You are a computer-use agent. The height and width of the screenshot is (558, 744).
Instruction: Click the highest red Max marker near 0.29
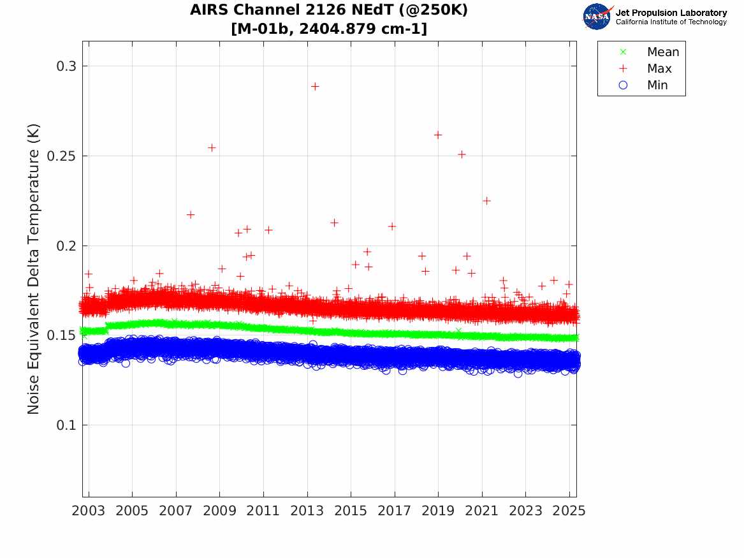pyautogui.click(x=314, y=86)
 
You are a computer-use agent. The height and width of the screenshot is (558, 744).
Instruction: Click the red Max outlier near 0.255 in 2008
pyautogui.click(x=212, y=147)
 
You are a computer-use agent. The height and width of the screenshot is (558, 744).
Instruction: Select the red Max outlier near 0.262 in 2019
pyautogui.click(x=438, y=135)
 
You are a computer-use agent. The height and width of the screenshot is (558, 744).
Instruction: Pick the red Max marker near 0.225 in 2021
pyautogui.click(x=486, y=200)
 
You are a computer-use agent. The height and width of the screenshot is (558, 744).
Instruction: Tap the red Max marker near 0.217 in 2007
pyautogui.click(x=191, y=214)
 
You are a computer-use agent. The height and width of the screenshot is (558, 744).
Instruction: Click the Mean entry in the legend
pyautogui.click(x=662, y=52)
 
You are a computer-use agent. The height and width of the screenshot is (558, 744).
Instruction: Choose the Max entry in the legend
pyautogui.click(x=659, y=69)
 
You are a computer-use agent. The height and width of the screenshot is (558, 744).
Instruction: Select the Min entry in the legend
pyautogui.click(x=657, y=85)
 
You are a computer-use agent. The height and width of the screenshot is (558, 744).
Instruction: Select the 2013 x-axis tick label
pyautogui.click(x=307, y=511)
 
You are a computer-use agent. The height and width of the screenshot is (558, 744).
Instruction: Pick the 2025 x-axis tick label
pyautogui.click(x=569, y=511)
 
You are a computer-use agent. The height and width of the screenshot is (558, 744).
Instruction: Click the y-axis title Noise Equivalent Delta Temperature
pyautogui.click(x=34, y=268)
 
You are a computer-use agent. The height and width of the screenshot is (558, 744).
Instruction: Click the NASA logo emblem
pyautogui.click(x=597, y=17)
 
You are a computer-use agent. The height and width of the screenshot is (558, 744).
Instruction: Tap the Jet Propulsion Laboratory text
pyautogui.click(x=671, y=13)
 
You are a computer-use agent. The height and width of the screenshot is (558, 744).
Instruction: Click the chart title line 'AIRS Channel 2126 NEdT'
pyautogui.click(x=329, y=11)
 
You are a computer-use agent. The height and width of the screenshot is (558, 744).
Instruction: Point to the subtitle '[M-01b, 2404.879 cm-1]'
pyautogui.click(x=329, y=29)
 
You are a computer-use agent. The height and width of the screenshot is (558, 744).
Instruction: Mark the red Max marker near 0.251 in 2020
pyautogui.click(x=462, y=154)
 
